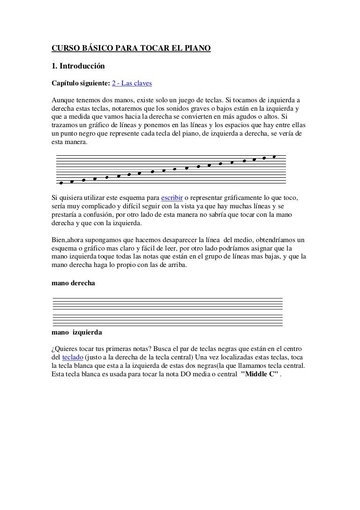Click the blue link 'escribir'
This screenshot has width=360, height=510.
172,197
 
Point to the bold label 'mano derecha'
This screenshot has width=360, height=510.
73,283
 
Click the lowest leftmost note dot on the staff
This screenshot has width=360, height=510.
61,183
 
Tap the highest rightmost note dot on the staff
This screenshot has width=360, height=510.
274,157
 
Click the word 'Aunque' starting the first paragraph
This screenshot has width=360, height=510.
62,101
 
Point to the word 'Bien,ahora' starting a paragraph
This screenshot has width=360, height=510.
69,239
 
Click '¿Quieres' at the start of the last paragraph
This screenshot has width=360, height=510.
64,350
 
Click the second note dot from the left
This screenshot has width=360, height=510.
72,182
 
